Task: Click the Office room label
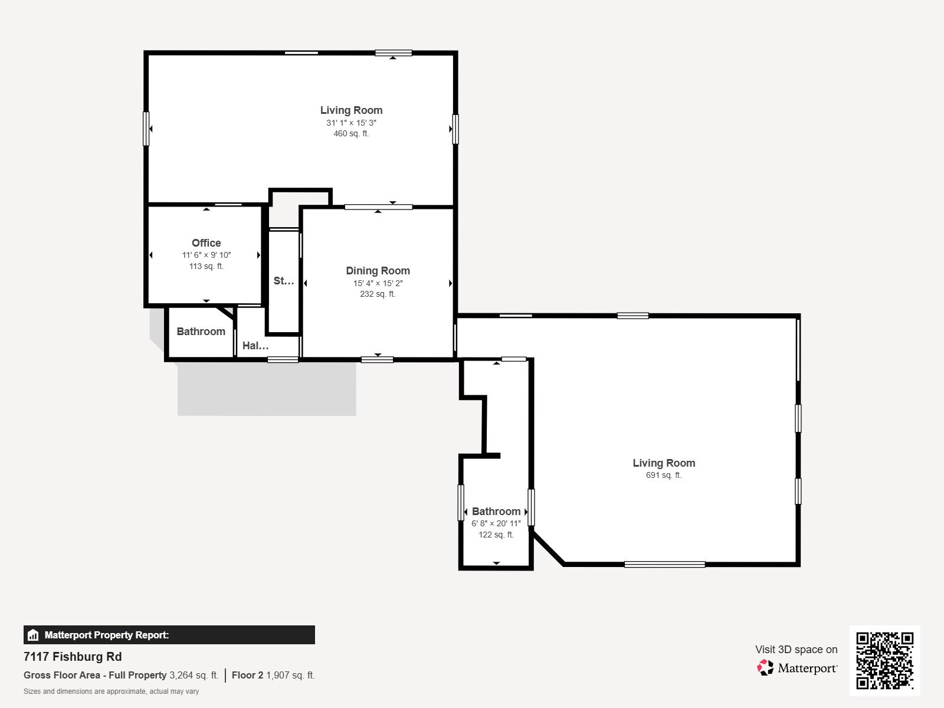point(206,243)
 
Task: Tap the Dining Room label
point(378,271)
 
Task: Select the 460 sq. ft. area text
point(351,134)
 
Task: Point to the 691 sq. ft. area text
point(664,475)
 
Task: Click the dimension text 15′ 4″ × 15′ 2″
point(378,283)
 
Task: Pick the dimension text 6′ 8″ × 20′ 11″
point(496,523)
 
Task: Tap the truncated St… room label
point(284,281)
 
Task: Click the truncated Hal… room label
point(255,346)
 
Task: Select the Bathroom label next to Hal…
point(201,332)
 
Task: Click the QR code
point(884,661)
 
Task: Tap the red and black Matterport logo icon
point(765,668)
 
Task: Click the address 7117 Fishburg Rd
point(73,657)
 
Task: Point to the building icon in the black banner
point(33,635)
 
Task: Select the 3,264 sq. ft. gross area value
point(194,676)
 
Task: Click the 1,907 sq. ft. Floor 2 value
point(290,676)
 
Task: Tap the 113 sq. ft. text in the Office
point(206,267)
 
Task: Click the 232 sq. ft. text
point(378,294)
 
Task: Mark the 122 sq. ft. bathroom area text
point(496,535)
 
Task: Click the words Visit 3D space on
point(796,650)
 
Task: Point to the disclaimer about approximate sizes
point(111,691)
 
